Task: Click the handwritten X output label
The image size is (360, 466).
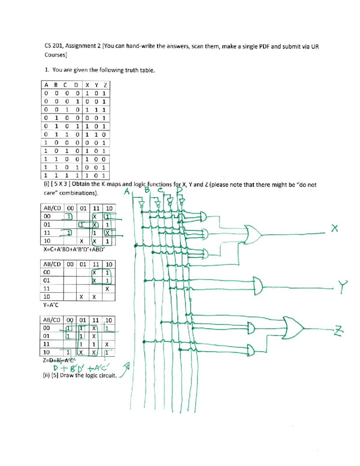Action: (x=334, y=228)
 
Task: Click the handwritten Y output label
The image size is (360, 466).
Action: (x=343, y=287)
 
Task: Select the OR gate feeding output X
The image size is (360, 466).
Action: (x=253, y=234)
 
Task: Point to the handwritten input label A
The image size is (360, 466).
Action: (x=127, y=191)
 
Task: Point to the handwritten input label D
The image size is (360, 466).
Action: (x=179, y=191)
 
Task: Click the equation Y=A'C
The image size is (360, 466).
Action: (x=51, y=305)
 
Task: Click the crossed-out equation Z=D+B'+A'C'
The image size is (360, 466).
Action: (x=60, y=360)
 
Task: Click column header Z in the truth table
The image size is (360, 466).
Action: (x=105, y=85)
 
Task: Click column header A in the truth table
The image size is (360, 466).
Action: (x=46, y=85)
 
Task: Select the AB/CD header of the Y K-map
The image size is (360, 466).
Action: (x=52, y=264)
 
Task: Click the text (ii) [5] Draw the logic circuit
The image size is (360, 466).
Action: (x=80, y=375)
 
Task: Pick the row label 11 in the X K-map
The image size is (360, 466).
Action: (x=47, y=233)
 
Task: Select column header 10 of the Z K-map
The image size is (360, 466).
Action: (x=109, y=320)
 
